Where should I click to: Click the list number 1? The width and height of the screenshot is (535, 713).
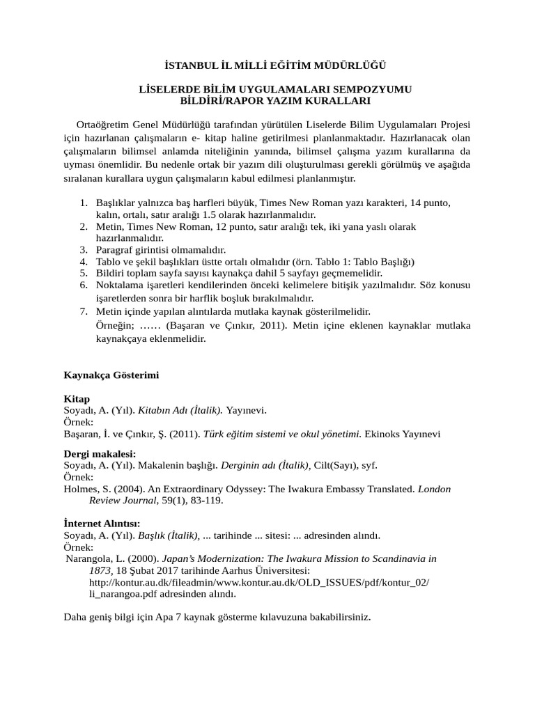coord(83,203)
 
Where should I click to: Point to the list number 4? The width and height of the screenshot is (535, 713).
coord(83,262)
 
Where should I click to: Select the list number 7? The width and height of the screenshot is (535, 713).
coord(83,311)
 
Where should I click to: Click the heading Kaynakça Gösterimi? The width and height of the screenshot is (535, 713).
coord(111,375)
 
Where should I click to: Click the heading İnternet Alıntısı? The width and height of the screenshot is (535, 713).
coord(102,523)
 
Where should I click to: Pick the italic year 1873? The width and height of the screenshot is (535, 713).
coord(102,570)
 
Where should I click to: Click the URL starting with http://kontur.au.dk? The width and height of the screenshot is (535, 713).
coord(259,582)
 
